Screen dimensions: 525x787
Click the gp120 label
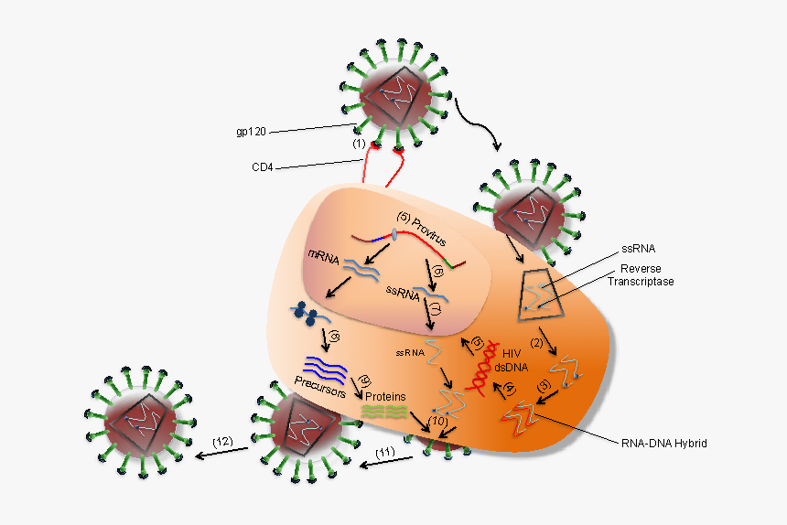[x=252, y=131]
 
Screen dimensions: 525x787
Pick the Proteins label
[x=385, y=398]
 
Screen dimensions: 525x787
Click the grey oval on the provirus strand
[x=393, y=235]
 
